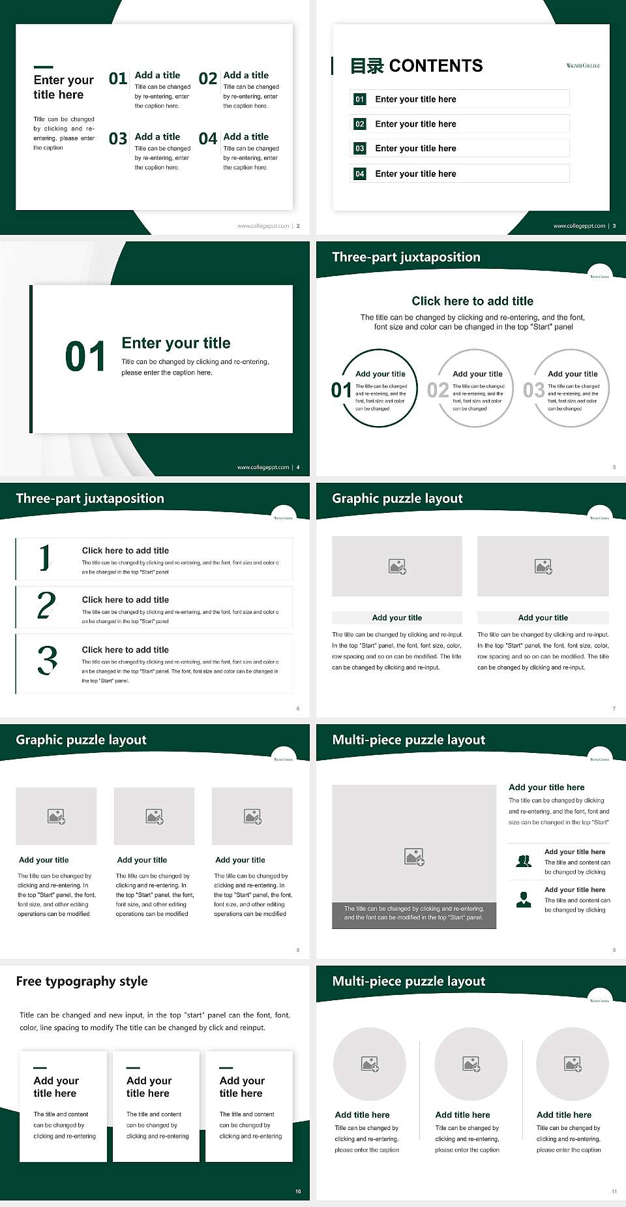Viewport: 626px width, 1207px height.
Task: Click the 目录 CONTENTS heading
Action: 417,66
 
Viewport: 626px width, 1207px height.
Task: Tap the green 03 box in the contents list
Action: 360,149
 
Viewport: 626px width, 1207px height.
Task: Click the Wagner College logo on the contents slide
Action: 583,65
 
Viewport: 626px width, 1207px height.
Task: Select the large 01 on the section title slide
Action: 85,357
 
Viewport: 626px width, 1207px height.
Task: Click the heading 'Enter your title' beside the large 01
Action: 176,343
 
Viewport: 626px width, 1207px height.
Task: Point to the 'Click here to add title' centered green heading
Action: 472,301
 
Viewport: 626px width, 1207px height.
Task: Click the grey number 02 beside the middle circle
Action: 438,390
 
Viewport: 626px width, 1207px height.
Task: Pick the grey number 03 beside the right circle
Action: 533,390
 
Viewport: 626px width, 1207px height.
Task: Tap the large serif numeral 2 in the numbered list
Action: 46,605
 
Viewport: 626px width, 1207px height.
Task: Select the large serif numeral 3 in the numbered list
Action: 48,660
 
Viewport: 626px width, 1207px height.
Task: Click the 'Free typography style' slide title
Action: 82,981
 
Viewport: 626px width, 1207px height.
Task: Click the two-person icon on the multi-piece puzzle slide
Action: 524,861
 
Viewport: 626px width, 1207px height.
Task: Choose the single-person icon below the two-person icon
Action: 524,900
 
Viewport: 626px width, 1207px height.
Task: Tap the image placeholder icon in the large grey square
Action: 415,857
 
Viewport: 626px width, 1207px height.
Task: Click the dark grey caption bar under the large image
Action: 414,913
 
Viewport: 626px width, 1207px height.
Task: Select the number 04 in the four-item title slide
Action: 208,139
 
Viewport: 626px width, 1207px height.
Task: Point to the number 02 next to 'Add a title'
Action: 208,79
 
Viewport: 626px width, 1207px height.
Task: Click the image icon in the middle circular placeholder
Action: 471,1064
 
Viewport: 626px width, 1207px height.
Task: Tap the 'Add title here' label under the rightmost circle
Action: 564,1115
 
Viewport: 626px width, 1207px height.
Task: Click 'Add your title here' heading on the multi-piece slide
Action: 546,787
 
